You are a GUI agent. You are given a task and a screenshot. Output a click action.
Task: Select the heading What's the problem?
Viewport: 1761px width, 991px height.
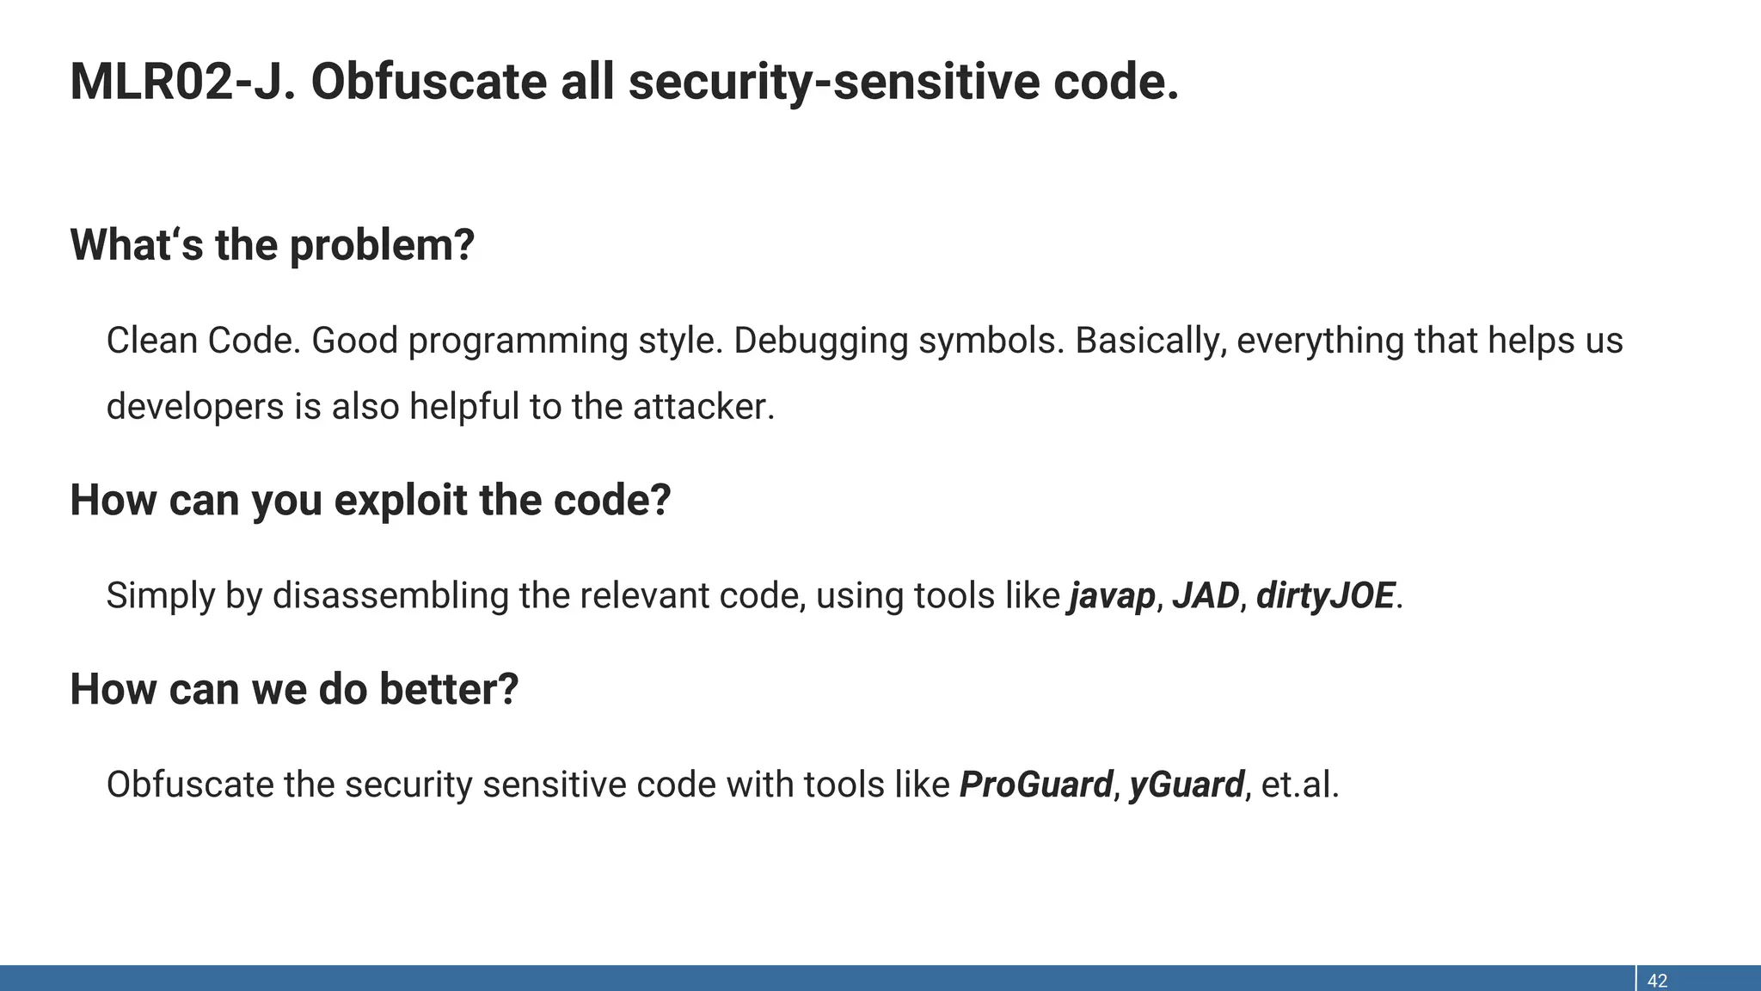272,245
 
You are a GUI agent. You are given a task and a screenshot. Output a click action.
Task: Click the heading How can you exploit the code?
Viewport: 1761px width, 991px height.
370,501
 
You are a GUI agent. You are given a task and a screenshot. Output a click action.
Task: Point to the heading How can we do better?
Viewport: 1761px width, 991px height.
294,690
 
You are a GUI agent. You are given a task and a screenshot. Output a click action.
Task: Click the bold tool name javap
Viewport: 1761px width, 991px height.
1112,596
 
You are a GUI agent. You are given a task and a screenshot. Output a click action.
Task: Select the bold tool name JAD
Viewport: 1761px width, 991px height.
1206,595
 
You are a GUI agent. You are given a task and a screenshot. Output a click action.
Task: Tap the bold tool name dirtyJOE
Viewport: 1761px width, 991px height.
1325,595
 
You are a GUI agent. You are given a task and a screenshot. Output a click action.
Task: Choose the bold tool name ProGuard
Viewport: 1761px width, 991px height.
1035,785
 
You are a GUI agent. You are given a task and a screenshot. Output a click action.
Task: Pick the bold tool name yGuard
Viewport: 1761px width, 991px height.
1187,785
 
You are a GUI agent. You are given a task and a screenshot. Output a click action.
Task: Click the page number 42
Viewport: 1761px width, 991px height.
1657,981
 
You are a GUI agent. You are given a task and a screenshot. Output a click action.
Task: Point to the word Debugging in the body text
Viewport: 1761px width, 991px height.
820,342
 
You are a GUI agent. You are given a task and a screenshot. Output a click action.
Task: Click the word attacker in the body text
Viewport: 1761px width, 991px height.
703,407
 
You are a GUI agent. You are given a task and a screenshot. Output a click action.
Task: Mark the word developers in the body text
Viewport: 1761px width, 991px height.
195,407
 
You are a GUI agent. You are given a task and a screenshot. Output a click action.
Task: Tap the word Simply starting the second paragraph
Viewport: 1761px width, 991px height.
160,596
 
